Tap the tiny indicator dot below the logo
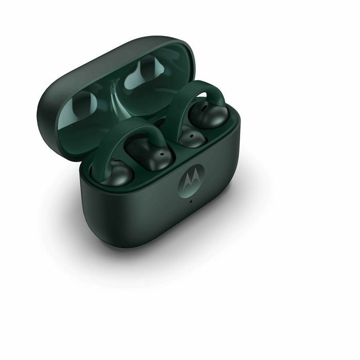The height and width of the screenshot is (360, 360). (x=191, y=201)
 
